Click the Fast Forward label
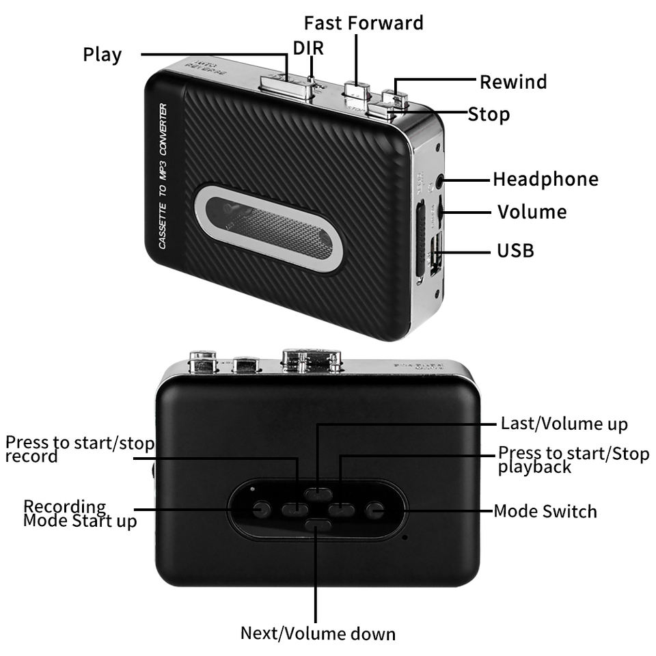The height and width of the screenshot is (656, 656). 364,23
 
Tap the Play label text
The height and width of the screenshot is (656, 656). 102,54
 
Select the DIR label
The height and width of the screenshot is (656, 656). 308,48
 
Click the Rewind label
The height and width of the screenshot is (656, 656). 513,82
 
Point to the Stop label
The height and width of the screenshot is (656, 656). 489,113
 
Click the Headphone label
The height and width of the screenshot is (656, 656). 545,179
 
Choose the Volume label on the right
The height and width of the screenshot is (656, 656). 532,212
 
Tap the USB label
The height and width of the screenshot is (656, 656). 515,251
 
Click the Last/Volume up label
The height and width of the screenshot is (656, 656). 564,424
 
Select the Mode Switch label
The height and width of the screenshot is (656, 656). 545,511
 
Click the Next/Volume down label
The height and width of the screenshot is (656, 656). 318,633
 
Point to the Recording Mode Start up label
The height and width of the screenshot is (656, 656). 80,514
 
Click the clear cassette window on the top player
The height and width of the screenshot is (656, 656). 269,228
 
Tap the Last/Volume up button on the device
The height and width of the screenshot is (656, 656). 318,493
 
